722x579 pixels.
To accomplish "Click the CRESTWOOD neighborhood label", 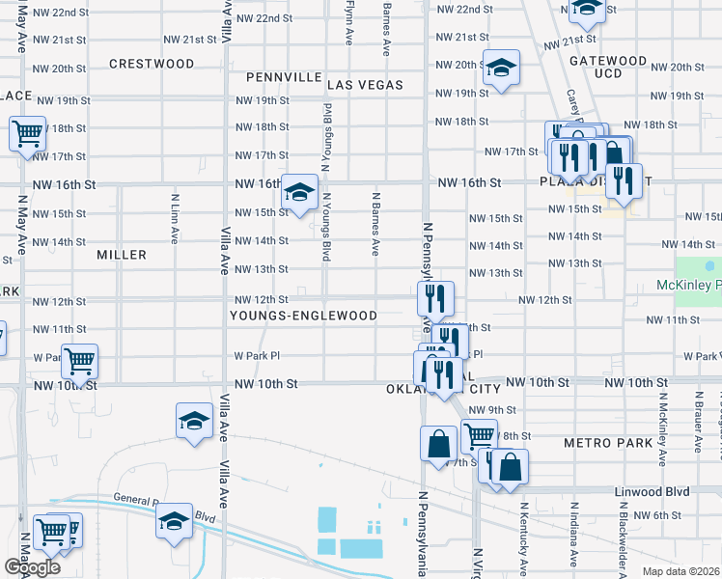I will point(152,64).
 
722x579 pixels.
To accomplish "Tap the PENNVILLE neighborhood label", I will point(284,76).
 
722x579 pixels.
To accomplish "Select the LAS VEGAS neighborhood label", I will point(364,85).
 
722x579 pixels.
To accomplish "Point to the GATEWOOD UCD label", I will point(608,67).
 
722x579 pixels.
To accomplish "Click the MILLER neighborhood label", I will point(122,255).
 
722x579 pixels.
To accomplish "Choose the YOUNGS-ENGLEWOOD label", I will point(303,316).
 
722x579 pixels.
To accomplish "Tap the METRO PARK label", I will point(603,442).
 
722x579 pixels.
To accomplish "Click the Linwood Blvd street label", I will point(653,491).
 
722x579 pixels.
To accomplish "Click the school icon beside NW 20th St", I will point(501,68).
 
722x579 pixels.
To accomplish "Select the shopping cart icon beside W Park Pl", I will point(79,362).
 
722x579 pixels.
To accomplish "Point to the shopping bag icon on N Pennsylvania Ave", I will point(438,444).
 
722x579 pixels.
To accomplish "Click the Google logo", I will point(32,567).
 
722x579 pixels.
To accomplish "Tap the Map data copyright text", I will point(680,570).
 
